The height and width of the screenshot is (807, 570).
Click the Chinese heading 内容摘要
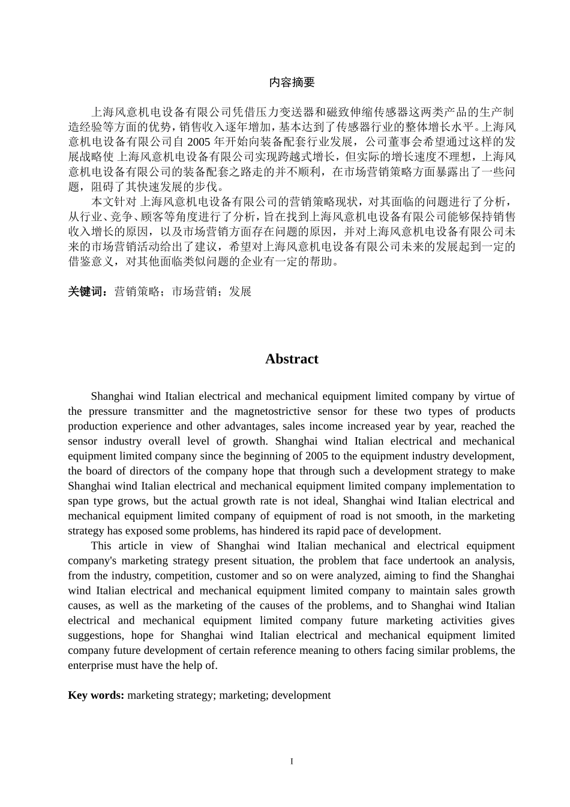tap(292, 82)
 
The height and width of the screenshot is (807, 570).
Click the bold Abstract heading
tap(292, 359)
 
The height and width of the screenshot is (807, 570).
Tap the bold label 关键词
tap(87, 292)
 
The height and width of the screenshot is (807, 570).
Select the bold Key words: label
tap(96, 695)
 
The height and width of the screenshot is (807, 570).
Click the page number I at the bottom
tap(292, 762)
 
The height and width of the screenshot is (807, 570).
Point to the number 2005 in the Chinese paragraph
tap(199, 142)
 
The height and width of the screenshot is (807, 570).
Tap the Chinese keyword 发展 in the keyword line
tap(240, 292)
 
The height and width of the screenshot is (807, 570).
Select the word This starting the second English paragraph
tap(101, 546)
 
